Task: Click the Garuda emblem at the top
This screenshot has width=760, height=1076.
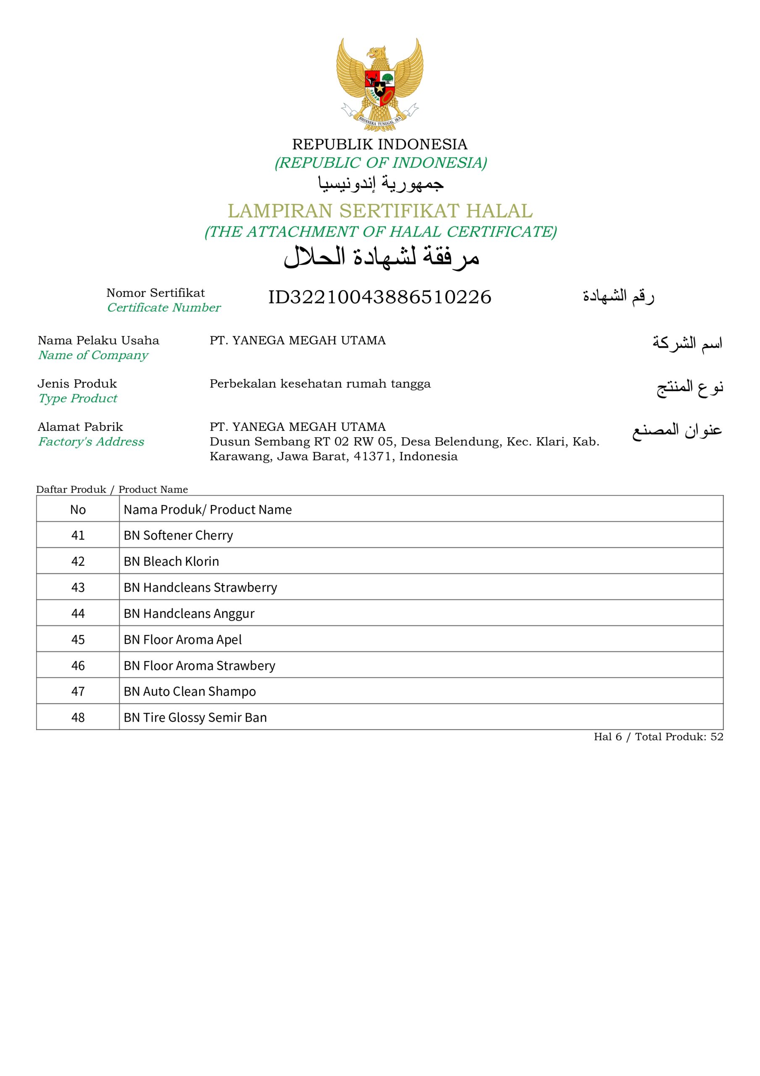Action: click(x=379, y=84)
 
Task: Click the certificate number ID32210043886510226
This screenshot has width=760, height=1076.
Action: click(x=379, y=297)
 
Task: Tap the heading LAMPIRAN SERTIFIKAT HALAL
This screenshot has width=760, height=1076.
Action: click(x=380, y=211)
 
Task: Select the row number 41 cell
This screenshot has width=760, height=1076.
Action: click(x=78, y=535)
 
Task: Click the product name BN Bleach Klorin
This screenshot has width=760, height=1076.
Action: click(x=171, y=562)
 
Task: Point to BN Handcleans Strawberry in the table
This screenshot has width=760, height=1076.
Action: click(x=200, y=587)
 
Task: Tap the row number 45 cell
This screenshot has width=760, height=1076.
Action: click(x=78, y=640)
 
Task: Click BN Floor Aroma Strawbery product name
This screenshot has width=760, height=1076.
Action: click(x=200, y=665)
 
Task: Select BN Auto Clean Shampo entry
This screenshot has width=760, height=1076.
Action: click(x=190, y=691)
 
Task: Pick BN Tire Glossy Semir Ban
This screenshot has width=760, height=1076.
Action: click(x=195, y=717)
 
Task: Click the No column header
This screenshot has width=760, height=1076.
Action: click(x=78, y=509)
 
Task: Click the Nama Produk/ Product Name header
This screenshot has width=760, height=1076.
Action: click(x=208, y=509)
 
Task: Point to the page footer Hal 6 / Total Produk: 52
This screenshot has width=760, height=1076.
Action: click(x=658, y=737)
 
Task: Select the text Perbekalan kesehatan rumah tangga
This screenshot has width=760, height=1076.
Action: click(x=320, y=383)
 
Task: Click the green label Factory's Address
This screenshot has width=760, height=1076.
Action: click(x=91, y=441)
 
